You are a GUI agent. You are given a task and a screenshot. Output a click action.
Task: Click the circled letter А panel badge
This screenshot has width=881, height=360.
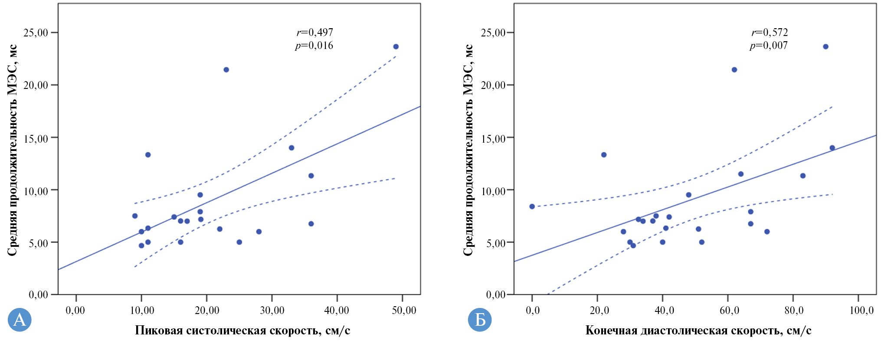20,320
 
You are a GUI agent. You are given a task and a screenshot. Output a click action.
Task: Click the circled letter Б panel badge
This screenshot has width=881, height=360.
479,320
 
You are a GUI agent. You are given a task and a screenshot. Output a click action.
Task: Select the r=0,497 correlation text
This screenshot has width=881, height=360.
315,33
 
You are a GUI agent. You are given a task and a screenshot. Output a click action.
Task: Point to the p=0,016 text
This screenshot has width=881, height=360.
314,46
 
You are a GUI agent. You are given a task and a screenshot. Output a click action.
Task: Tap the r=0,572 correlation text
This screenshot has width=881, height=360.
770,33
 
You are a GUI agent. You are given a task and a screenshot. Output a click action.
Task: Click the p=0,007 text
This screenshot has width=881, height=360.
769,46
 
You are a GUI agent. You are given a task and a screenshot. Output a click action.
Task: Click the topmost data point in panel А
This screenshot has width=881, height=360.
396,47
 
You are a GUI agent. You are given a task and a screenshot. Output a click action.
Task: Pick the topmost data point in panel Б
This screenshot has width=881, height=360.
825,47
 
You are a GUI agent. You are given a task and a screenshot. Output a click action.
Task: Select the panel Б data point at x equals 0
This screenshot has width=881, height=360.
532,206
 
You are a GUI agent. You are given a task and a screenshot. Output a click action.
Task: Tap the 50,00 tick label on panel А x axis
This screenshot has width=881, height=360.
403,310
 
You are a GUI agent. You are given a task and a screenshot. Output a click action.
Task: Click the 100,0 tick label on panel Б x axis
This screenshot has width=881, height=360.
861,310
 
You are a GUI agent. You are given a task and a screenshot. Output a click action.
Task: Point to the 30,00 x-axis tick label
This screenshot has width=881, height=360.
272,310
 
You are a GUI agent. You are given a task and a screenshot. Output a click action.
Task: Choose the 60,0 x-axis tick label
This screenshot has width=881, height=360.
729,310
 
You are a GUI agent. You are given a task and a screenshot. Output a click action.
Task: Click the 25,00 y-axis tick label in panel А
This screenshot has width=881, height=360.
36,33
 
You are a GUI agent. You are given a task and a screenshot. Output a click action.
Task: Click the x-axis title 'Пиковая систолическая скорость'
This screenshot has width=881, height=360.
242,331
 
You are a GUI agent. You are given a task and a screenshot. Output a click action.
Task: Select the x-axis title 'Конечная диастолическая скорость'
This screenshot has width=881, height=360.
698,331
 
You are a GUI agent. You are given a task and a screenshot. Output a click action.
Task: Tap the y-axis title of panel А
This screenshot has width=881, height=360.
13,150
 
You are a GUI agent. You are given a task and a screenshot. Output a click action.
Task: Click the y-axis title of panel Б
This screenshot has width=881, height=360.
468,150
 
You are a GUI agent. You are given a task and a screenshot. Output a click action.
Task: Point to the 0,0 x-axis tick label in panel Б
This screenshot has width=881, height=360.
533,310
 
